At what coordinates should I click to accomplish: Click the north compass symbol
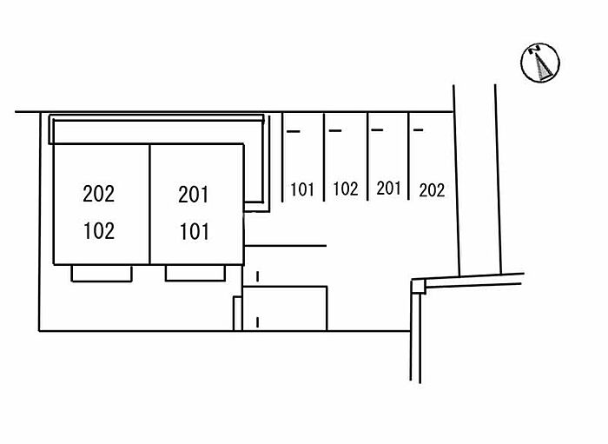[x=540, y=63]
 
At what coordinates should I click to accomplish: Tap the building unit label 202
[x=98, y=194]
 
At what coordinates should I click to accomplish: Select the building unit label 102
[x=98, y=231]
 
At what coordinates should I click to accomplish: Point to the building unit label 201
[x=194, y=195]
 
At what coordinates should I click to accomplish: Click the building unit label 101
[x=194, y=232]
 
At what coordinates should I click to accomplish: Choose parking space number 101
[x=302, y=189]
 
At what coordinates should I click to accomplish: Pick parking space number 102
[x=346, y=189]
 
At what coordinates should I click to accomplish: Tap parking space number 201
[x=388, y=188]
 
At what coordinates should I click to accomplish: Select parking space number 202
[x=432, y=189]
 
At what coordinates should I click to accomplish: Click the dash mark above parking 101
[x=293, y=132]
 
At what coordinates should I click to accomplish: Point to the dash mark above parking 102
[x=335, y=132]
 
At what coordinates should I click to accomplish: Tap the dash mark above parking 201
[x=377, y=131]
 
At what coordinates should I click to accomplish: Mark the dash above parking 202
[x=419, y=131]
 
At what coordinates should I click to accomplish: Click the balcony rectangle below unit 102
[x=101, y=273]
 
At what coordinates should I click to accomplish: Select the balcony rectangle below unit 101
[x=195, y=273]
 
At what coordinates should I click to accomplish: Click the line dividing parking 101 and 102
[x=324, y=156]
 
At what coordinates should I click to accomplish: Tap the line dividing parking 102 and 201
[x=367, y=156]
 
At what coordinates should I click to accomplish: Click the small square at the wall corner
[x=417, y=284]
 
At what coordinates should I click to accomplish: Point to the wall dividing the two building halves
[x=150, y=204]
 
